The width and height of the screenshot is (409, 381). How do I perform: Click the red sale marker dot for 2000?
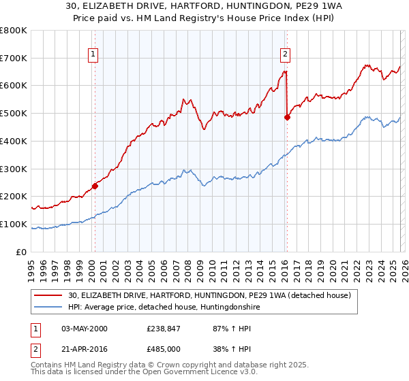tap(95, 186)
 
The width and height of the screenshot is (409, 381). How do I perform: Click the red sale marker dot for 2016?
tap(287, 117)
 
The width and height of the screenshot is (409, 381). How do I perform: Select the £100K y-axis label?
tap(14, 225)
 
